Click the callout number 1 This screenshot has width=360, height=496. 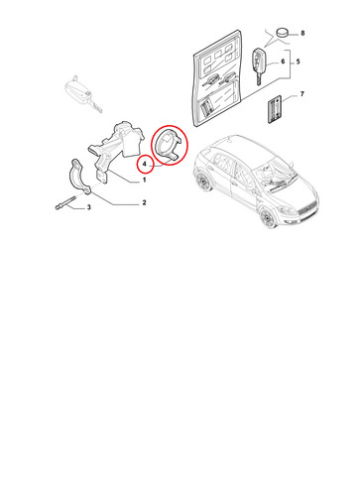[x=144, y=181]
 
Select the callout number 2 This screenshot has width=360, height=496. [x=144, y=202]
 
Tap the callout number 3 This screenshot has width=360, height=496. [x=88, y=207]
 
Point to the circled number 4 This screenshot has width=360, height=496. [x=144, y=164]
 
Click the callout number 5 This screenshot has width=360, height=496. [x=298, y=62]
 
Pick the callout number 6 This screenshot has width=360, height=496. [x=283, y=62]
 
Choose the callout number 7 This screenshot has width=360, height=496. [x=301, y=94]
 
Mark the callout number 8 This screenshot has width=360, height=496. [x=302, y=34]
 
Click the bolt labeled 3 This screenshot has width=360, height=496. [x=64, y=202]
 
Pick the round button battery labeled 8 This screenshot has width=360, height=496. [x=282, y=33]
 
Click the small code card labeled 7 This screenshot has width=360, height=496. [x=275, y=109]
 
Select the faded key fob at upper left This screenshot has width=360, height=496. [x=82, y=93]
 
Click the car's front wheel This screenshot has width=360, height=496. [x=267, y=218]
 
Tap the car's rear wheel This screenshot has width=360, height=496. [x=204, y=182]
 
